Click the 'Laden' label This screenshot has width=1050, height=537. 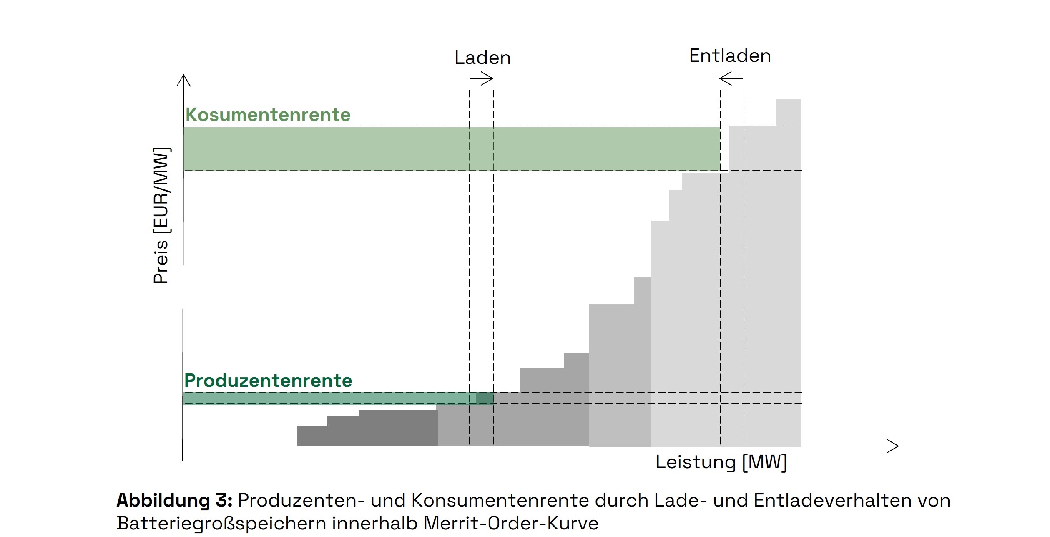[x=482, y=58]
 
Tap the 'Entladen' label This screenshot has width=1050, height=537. [x=730, y=56]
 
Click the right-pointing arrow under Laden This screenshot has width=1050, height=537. [x=482, y=78]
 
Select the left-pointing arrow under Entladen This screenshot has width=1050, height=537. [x=731, y=78]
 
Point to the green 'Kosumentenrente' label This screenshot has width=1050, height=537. [x=268, y=115]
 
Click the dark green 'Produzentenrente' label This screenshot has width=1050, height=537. [x=268, y=381]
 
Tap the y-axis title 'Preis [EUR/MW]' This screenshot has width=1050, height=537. [x=161, y=216]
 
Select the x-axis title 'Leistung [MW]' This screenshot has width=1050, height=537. [x=721, y=462]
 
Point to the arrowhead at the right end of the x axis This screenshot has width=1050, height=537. [x=893, y=446]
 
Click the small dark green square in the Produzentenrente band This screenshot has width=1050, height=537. [x=485, y=398]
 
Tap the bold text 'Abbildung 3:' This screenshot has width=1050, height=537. [x=174, y=500]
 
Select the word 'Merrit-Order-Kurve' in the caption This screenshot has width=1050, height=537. [x=511, y=523]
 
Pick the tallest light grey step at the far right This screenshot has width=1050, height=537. [x=789, y=112]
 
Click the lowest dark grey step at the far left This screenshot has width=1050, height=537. [x=312, y=436]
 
